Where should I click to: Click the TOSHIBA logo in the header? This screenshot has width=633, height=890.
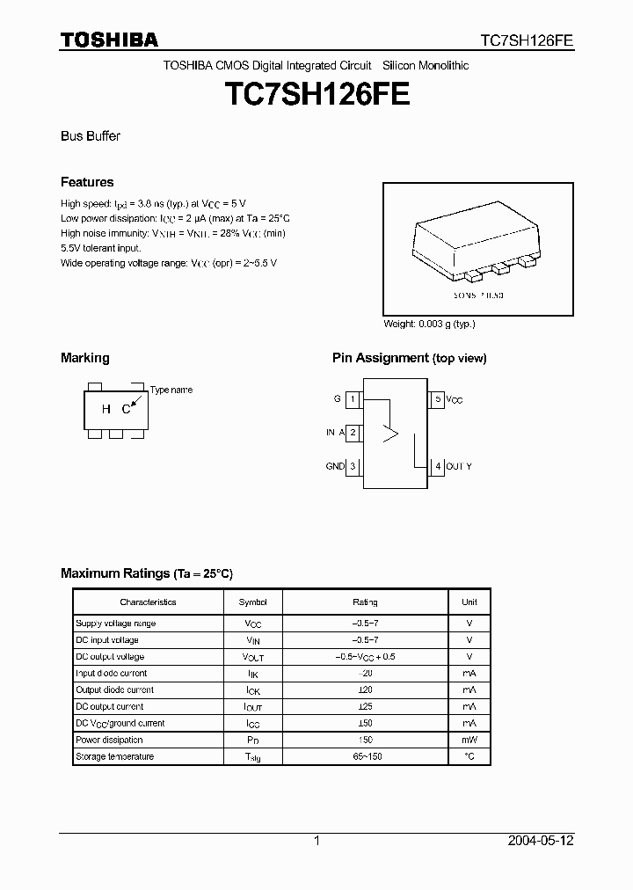coord(109,40)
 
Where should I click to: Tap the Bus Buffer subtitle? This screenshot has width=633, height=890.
coord(90,136)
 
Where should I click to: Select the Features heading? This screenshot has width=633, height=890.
coord(87,182)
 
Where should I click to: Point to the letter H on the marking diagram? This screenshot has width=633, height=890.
coord(105,409)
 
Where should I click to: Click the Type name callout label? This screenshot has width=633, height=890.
coord(171,390)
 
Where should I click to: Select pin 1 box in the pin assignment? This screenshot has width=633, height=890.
coord(352,399)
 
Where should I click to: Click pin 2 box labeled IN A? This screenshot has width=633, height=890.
coord(352,433)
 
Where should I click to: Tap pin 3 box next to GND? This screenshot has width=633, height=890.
coord(352,466)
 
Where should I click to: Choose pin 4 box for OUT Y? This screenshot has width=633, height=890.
coord(437,466)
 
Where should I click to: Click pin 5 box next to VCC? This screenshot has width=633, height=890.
coord(437,399)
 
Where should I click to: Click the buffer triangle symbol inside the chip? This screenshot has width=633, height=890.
coord(389,433)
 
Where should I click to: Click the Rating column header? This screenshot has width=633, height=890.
coord(365,602)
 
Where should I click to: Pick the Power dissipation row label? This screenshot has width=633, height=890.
coord(109,740)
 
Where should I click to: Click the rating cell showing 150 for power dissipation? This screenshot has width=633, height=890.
coord(365,740)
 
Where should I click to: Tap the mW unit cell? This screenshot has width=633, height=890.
coord(469,740)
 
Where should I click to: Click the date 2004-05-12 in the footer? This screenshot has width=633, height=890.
coord(541,841)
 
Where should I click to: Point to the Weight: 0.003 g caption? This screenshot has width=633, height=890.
coord(429,324)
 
